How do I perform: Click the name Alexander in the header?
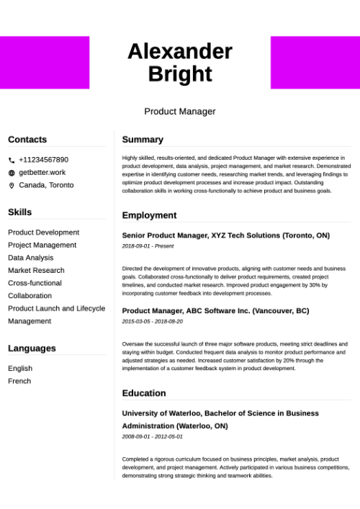tap(180, 51)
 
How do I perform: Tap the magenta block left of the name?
tap(45, 63)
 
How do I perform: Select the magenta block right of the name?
tap(315, 63)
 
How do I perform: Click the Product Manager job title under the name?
tap(180, 112)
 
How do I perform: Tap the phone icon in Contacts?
tap(12, 160)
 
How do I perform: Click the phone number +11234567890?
tap(43, 160)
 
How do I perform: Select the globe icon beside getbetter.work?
tap(12, 173)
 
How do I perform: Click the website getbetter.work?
tap(42, 173)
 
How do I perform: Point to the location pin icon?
tap(12, 186)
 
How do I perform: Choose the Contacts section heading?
tap(27, 140)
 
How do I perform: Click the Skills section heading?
tap(20, 212)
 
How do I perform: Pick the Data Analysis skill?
tap(30, 258)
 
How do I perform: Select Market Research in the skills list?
tap(36, 271)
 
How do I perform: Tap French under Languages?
tap(19, 381)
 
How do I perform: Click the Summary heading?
tap(143, 140)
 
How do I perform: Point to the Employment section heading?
tap(149, 215)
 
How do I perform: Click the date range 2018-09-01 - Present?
tap(148, 246)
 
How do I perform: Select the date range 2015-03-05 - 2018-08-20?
tap(153, 321)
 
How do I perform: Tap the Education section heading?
tap(144, 393)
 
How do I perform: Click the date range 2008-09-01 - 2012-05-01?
tap(153, 436)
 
